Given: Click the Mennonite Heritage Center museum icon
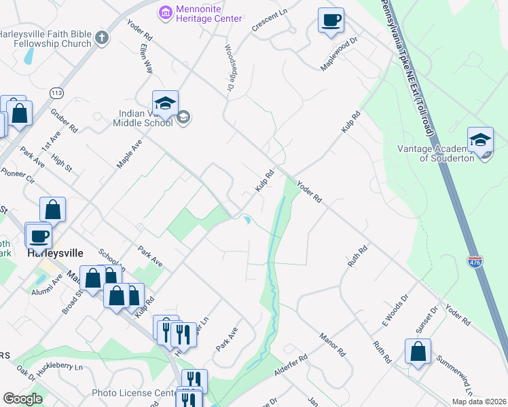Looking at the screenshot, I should (164, 12).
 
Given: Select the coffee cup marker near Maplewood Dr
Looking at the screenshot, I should (331, 21).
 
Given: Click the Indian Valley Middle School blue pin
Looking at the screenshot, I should (165, 104).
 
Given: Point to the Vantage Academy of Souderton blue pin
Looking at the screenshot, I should (480, 141).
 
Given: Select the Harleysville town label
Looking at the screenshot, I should (55, 253).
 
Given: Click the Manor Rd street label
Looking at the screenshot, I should (333, 345).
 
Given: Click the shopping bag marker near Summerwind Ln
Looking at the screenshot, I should (418, 352).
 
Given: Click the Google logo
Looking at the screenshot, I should (22, 399).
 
